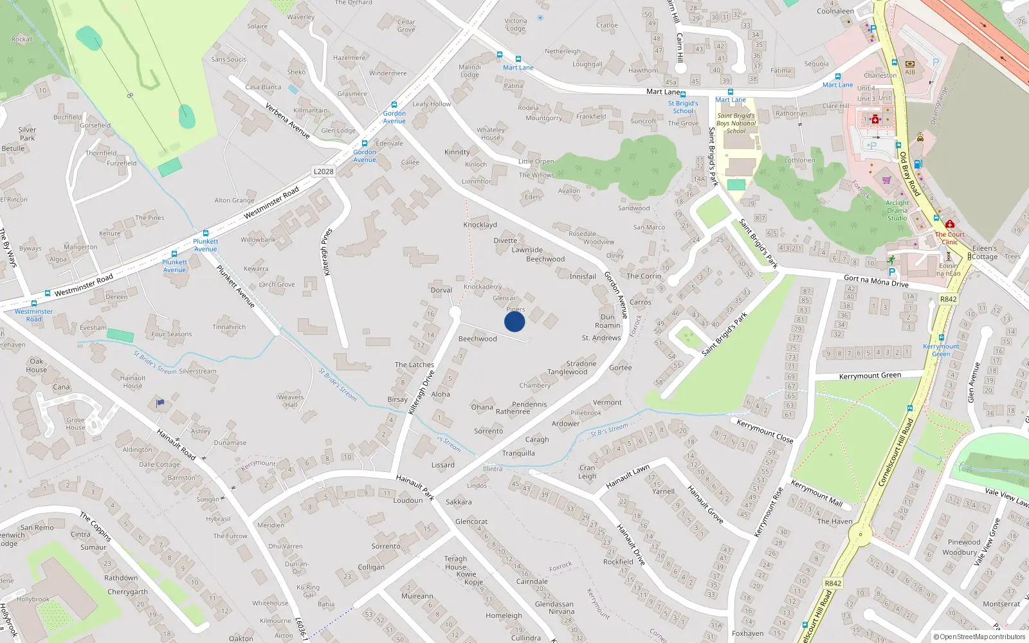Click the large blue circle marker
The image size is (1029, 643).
514,321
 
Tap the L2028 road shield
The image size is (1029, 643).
323,171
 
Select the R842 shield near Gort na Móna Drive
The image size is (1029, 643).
948,299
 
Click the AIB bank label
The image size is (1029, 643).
910,72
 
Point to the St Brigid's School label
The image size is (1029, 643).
683,107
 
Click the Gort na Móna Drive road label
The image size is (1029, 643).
876,281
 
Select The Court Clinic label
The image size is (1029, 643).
950,238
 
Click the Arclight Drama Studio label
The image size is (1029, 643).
897,210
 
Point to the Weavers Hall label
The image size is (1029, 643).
291,401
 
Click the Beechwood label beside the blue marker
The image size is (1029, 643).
477,339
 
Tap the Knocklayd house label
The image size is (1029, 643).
480,225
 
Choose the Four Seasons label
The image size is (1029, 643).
171,334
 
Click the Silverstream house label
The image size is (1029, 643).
197,371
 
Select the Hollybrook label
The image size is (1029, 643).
33,599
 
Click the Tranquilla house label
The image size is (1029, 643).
518,453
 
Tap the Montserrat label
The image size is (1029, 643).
1001,604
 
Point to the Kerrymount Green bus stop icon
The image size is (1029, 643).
941,338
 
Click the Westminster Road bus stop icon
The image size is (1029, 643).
34,303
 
